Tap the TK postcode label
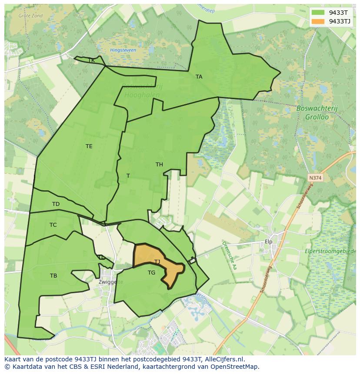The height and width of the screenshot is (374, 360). (x=91, y=60)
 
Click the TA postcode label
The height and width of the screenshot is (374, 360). (x=199, y=77)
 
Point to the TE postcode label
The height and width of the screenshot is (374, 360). (x=89, y=146)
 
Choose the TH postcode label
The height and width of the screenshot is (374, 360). (x=159, y=165)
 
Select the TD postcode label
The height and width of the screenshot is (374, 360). (x=56, y=204)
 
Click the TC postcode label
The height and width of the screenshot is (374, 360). (x=53, y=225)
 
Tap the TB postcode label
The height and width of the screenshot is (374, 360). (x=53, y=276)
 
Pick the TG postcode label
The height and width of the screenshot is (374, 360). (x=151, y=273)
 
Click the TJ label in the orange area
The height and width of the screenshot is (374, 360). (x=157, y=261)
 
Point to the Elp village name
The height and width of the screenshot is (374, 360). (x=268, y=242)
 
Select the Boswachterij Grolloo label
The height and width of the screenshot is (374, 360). (x=312, y=113)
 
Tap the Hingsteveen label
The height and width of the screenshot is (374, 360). (x=123, y=50)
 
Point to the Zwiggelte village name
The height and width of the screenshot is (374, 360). (x=110, y=281)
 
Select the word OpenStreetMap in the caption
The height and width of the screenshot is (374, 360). (x=235, y=367)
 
